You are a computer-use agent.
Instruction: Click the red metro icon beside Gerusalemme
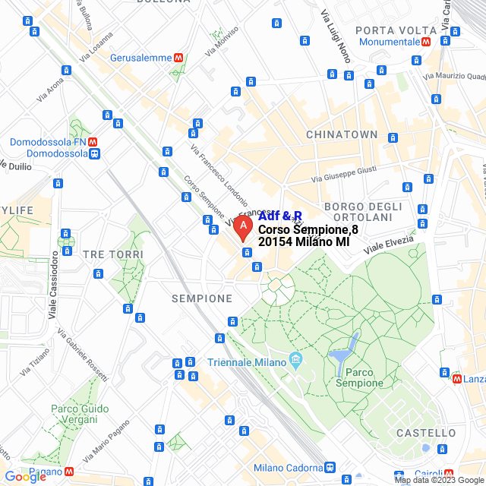coord(178,58)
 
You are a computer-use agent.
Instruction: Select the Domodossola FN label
coord(47,141)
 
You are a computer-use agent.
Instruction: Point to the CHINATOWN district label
coord(342,134)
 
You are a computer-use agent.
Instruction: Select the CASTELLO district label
coord(425,433)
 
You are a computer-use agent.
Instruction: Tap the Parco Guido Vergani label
coord(81,415)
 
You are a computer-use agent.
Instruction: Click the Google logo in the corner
coord(25,477)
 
